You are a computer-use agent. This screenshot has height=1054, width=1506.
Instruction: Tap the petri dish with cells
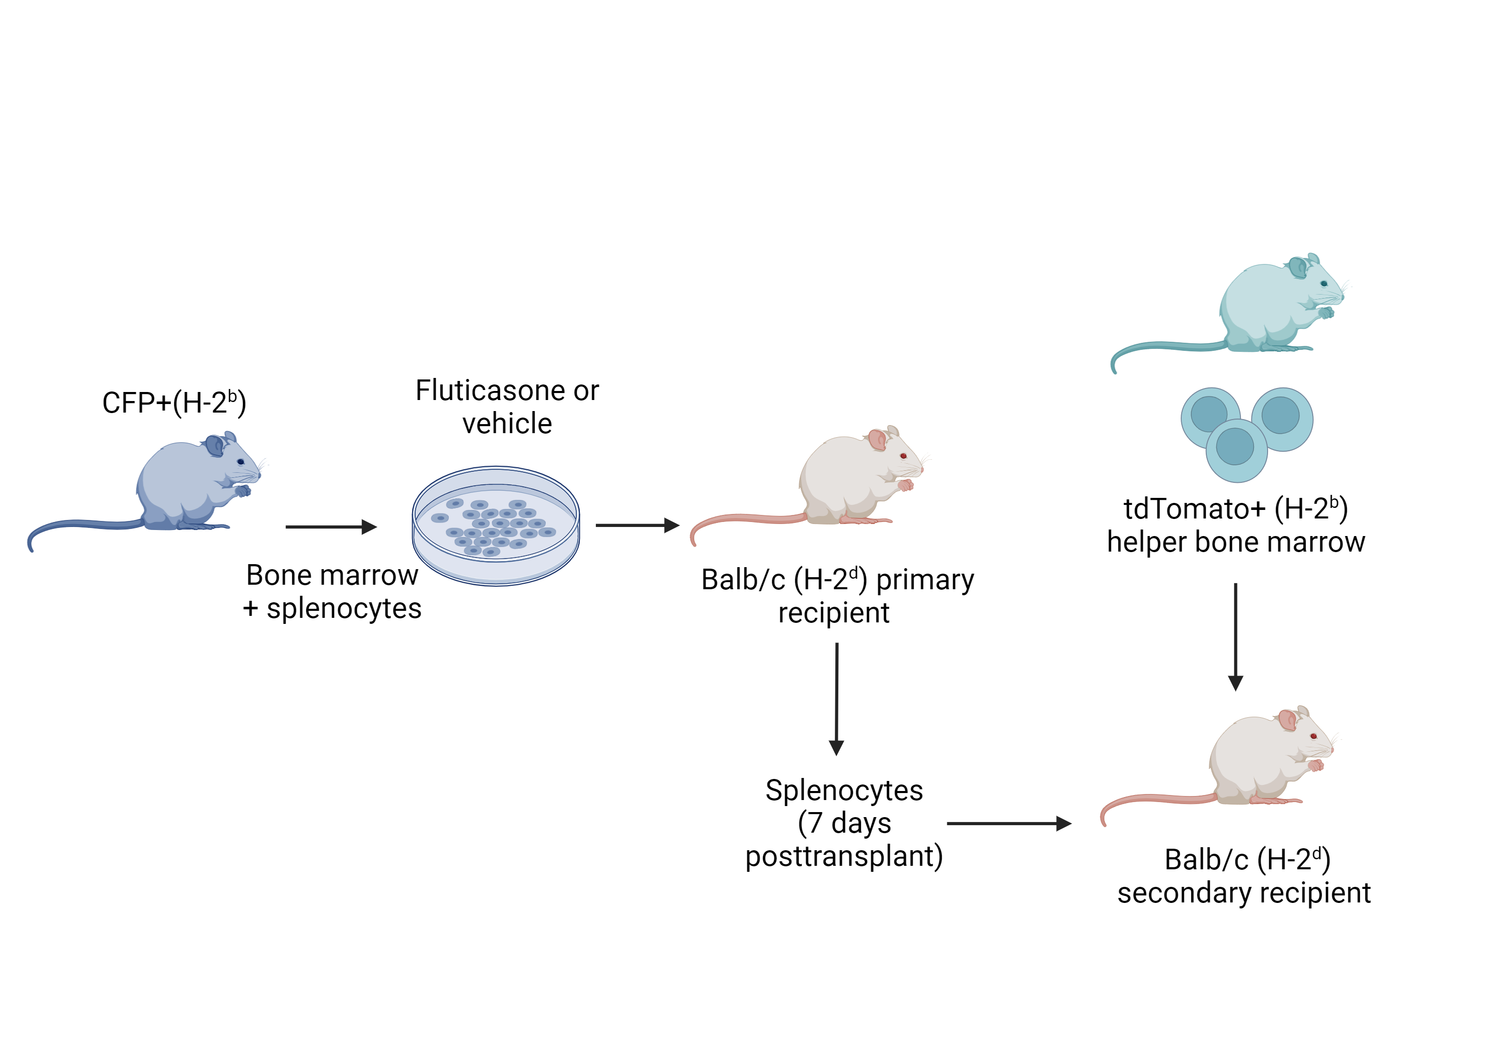[x=496, y=525]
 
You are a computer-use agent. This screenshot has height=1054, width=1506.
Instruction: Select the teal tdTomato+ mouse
[x=1266, y=308]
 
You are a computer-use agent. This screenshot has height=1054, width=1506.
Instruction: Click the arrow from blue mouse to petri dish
[x=331, y=526]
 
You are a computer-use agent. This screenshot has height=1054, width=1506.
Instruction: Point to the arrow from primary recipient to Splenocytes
[x=836, y=699]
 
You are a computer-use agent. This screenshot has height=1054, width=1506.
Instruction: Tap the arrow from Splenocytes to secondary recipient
[x=1010, y=823]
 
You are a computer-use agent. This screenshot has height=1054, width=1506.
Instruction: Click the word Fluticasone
[x=490, y=391]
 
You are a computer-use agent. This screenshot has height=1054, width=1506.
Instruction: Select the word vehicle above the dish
[x=507, y=424]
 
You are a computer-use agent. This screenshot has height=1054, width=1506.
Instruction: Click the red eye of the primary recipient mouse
[x=903, y=456]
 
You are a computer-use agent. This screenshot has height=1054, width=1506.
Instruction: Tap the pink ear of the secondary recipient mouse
[x=1288, y=720]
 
